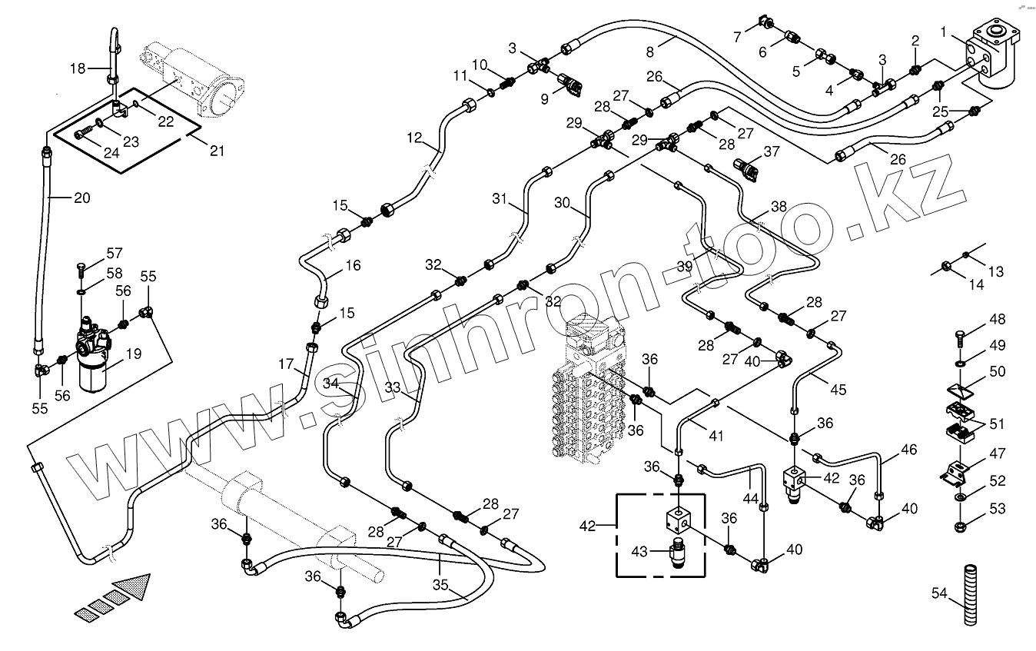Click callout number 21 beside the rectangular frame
coord(217,151)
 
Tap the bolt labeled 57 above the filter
coord(81,268)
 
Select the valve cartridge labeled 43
coord(679,553)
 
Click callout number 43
coord(639,551)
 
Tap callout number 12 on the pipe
coord(414,138)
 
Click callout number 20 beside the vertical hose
coord(81,198)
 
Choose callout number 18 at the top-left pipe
coord(78,68)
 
